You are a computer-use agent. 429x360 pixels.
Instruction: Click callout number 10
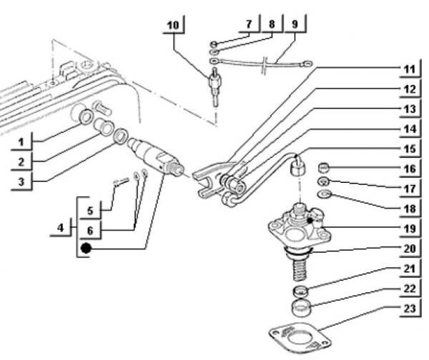point(174,26)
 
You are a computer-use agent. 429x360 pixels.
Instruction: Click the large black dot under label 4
point(87,249)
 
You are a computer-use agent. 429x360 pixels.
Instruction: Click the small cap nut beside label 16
point(324,169)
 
